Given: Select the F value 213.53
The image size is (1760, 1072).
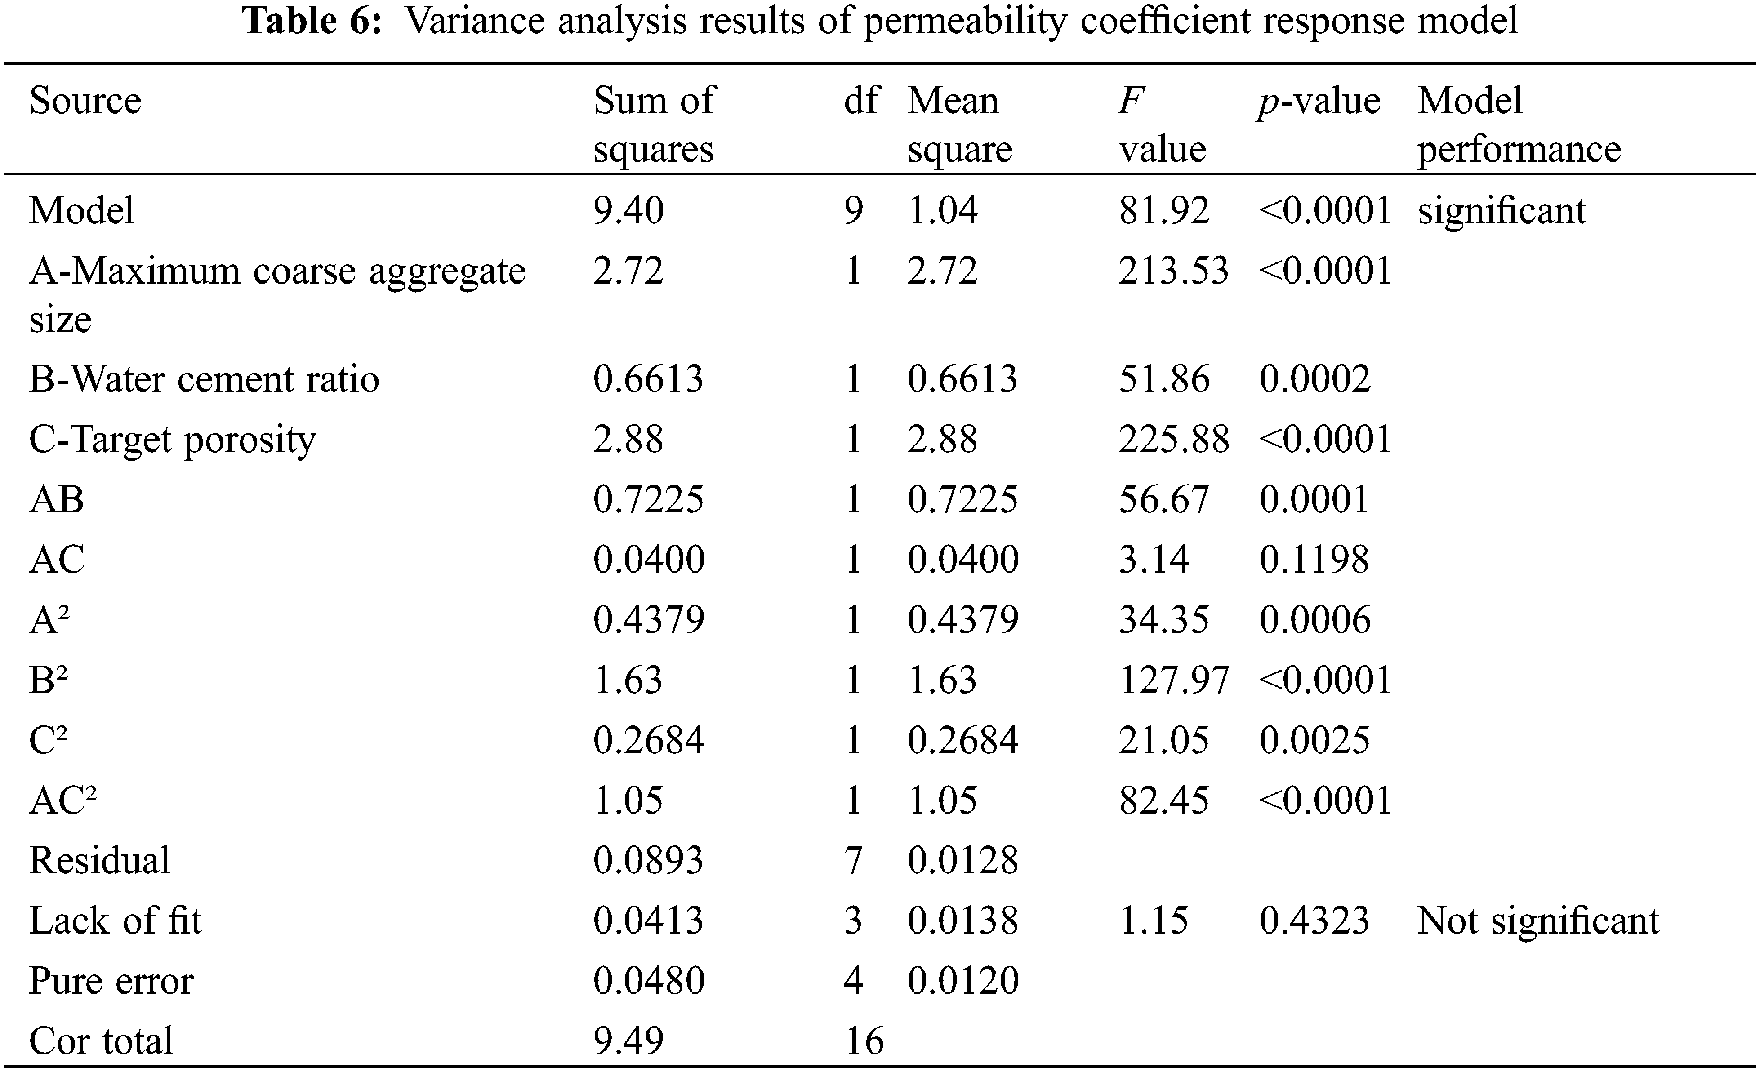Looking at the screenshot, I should pos(1173,271).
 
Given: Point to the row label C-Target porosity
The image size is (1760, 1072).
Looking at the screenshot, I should pos(172,439).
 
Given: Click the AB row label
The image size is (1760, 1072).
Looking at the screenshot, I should pos(57,499).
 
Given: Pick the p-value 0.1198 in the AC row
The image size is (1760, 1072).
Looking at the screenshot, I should pos(1314,559).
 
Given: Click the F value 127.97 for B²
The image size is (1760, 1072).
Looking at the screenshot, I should pos(1173,679).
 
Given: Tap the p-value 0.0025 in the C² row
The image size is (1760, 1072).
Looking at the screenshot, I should pos(1314,740).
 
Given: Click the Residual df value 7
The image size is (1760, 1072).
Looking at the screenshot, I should pos(854,860).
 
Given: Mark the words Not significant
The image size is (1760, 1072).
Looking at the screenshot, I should pos(1538,920).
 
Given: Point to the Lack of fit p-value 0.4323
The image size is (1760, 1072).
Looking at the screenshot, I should pos(1314,920).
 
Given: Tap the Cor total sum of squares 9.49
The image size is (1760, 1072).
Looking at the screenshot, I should pos(628,1041).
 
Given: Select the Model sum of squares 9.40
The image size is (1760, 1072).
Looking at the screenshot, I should pos(628,211).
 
